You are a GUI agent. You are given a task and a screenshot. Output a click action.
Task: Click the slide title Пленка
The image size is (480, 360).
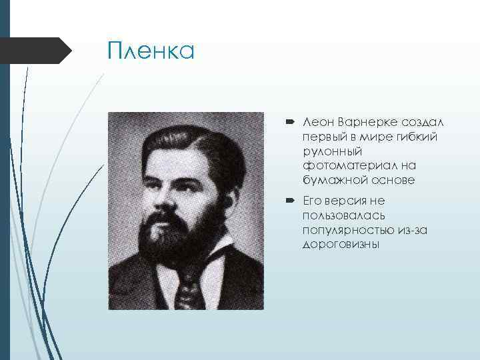pos(151,51)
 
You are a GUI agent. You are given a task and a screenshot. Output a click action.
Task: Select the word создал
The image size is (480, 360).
pos(423,123)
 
